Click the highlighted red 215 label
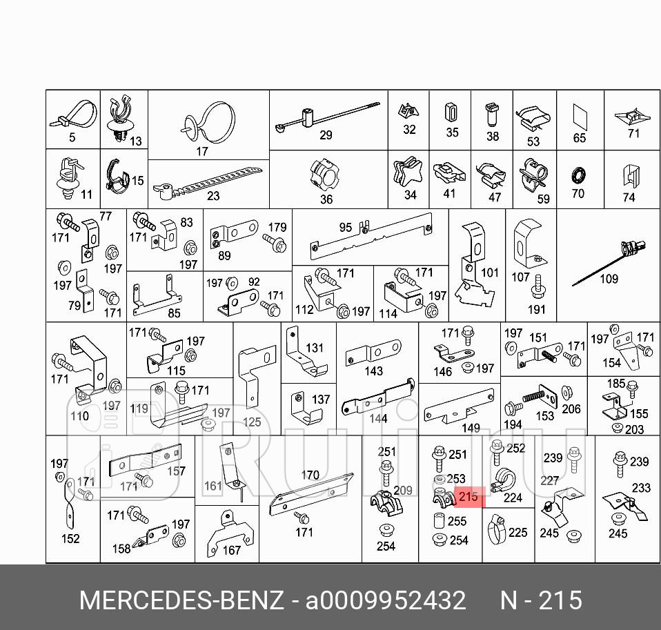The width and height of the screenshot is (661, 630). click(467, 496)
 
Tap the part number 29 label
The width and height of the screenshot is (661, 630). click(326, 135)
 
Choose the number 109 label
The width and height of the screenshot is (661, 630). click(609, 279)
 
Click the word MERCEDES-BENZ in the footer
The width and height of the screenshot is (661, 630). click(181, 600)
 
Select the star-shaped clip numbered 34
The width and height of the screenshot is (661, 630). click(408, 173)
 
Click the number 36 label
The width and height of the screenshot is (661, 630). click(326, 199)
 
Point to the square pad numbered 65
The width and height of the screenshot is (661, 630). click(579, 117)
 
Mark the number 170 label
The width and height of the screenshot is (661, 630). click(310, 475)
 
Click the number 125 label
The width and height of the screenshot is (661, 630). click(252, 422)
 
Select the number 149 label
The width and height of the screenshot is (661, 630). click(471, 428)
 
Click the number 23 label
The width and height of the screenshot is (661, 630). click(213, 196)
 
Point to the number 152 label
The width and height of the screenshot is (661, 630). click(70, 539)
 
